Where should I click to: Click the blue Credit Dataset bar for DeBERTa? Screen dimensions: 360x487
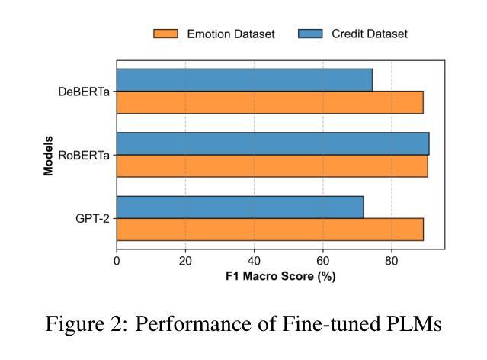click(244, 79)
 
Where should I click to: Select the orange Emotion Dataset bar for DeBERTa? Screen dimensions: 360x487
click(270, 101)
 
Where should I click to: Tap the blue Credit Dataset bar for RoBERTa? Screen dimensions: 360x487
click(273, 143)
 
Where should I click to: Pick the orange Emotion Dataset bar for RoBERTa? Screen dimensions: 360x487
click(272, 166)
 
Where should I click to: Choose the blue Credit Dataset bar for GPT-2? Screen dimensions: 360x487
click(240, 207)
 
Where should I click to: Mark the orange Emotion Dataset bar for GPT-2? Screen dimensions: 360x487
click(270, 229)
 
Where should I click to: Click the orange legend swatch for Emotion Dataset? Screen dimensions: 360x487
click(165, 34)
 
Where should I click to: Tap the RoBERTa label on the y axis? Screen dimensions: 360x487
click(84, 155)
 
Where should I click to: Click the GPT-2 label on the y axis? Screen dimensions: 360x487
click(92, 218)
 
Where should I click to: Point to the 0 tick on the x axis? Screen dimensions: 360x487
click(117, 260)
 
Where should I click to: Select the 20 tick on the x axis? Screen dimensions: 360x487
click(185, 260)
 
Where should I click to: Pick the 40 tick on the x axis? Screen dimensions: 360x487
click(254, 260)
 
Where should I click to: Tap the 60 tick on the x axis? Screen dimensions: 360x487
click(322, 260)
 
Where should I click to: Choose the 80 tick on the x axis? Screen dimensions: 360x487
click(392, 260)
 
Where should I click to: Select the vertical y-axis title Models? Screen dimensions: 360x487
click(48, 155)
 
